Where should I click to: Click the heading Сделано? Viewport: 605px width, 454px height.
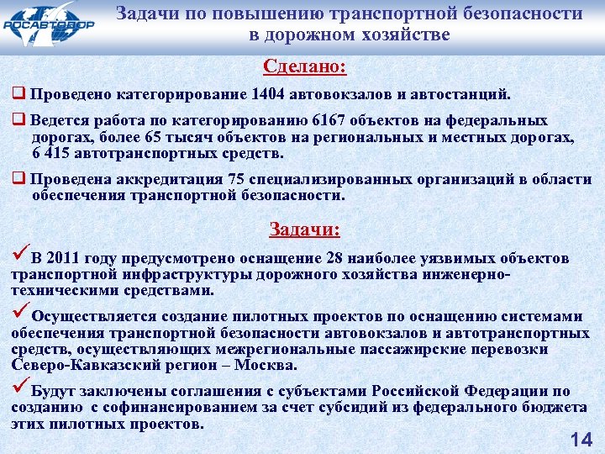click(x=304, y=66)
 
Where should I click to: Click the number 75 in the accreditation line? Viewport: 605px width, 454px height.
click(x=238, y=179)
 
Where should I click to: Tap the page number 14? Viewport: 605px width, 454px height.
click(x=581, y=438)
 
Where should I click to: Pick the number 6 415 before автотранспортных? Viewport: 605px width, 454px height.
click(x=50, y=154)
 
